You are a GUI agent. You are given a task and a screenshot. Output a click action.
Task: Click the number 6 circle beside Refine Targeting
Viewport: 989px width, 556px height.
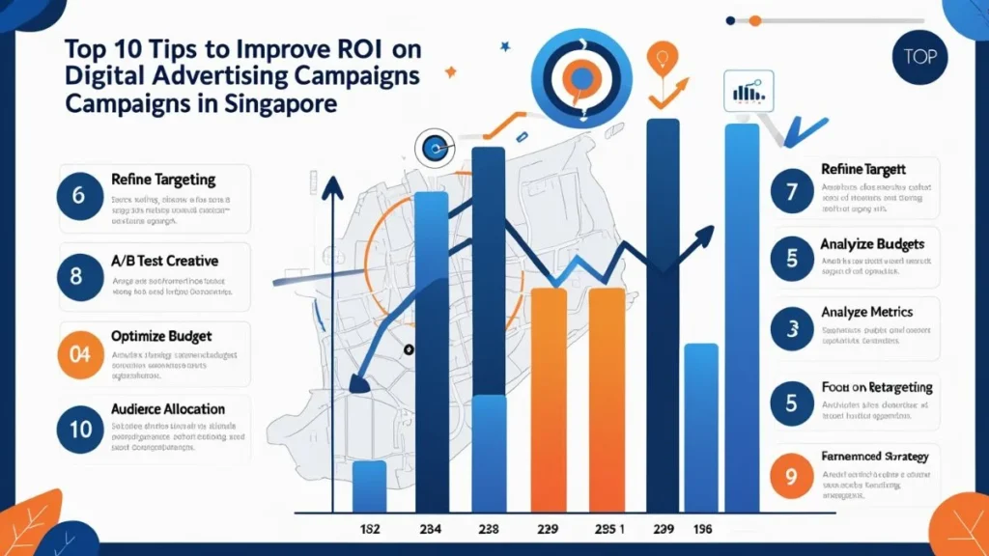pyautogui.click(x=79, y=196)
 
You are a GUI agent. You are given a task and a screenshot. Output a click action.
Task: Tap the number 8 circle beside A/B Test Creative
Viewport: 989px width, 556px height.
pyautogui.click(x=79, y=274)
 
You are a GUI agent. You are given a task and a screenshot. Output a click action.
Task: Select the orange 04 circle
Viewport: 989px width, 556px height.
pyautogui.click(x=79, y=353)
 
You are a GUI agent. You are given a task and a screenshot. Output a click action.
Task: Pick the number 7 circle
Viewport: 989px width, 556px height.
pyautogui.click(x=792, y=190)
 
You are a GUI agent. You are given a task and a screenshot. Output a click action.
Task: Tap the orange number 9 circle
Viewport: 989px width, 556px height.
pyautogui.click(x=792, y=476)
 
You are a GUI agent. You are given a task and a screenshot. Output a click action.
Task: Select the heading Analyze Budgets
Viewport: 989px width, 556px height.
pyautogui.click(x=872, y=243)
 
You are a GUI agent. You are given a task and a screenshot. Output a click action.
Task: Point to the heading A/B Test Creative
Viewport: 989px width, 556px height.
pyautogui.click(x=164, y=261)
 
